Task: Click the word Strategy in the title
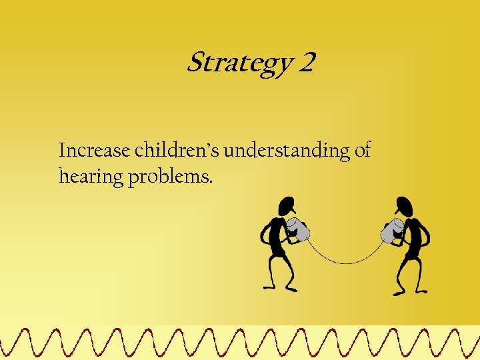[239, 64]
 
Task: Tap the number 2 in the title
[307, 63]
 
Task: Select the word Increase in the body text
[94, 151]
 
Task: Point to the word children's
[177, 151]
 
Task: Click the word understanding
[287, 151]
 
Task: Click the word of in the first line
[363, 151]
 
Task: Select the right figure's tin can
[391, 230]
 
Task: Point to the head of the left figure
[287, 205]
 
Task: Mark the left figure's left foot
[269, 287]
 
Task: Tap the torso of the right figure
[413, 240]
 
